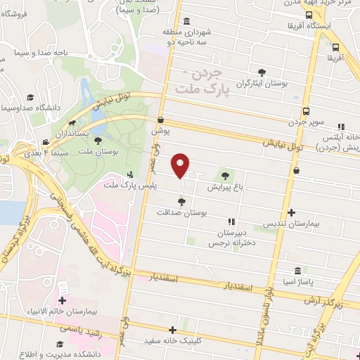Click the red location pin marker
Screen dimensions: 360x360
click(x=181, y=165)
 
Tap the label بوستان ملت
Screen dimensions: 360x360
click(x=96, y=151)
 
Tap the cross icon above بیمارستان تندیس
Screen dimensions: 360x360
click(x=292, y=213)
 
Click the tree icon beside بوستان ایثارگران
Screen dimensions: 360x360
click(x=262, y=72)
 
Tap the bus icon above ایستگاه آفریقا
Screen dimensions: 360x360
click(x=309, y=15)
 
